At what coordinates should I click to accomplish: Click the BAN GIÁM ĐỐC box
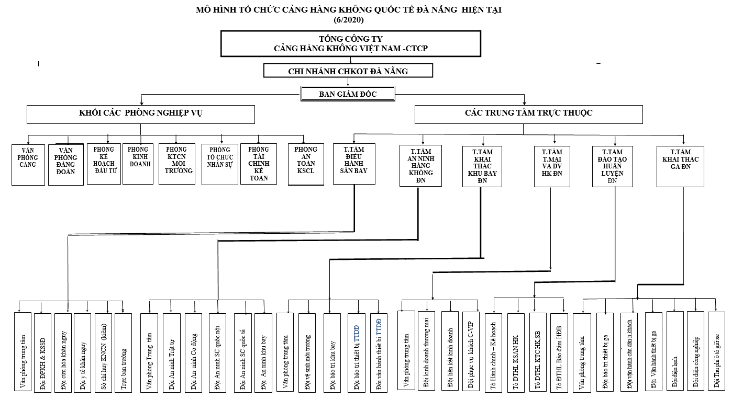(348, 94)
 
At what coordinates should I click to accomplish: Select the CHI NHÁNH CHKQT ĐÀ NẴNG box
(348, 71)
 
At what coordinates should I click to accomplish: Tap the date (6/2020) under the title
(348, 20)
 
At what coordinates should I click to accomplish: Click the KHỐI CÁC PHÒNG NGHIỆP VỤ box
(141, 114)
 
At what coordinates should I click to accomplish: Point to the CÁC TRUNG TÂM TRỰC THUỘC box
(528, 114)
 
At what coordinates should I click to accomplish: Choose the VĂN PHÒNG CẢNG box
(28, 165)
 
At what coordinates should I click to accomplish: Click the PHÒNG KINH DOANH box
(138, 163)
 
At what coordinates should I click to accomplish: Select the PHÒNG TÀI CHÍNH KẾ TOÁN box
(258, 164)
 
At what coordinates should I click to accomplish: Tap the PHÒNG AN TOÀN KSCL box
(306, 164)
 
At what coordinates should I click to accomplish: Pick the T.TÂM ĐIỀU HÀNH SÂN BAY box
(354, 164)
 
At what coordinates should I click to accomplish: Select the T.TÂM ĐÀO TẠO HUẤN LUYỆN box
(612, 166)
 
